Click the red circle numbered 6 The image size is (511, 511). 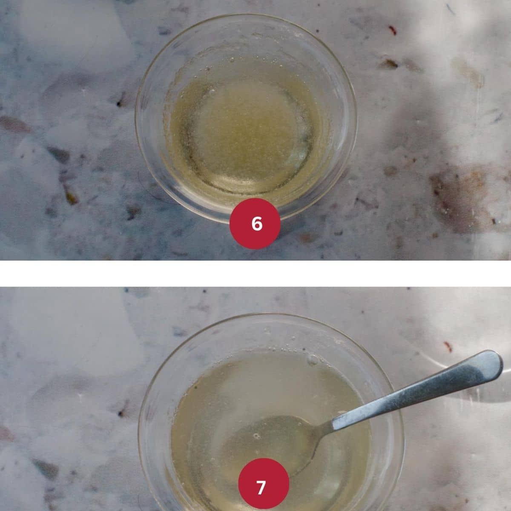click(x=255, y=224)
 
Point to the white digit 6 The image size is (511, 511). click(x=257, y=224)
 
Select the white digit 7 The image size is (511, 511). click(x=261, y=488)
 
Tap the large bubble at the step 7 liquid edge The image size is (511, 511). click(x=313, y=360)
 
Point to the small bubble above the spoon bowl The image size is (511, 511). click(x=256, y=436)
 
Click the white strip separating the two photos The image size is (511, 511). click(x=255, y=273)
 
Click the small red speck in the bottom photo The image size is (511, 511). click(x=448, y=346)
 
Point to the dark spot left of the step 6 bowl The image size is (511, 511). click(x=120, y=103)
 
